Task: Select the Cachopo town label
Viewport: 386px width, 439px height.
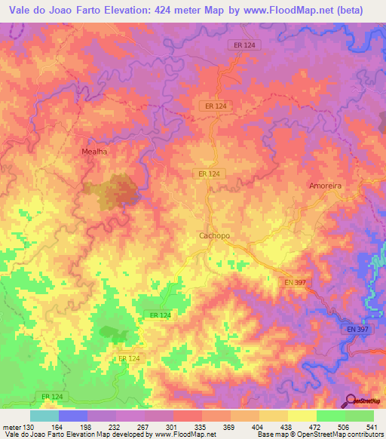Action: (x=214, y=235)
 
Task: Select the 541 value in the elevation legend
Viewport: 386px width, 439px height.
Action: (x=375, y=428)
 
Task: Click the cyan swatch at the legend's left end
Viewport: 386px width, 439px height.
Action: (x=44, y=416)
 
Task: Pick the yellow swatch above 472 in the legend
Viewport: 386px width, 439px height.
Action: (x=302, y=416)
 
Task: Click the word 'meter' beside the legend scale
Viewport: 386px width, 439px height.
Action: (x=10, y=428)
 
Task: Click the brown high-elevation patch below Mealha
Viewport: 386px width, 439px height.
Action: (x=118, y=190)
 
